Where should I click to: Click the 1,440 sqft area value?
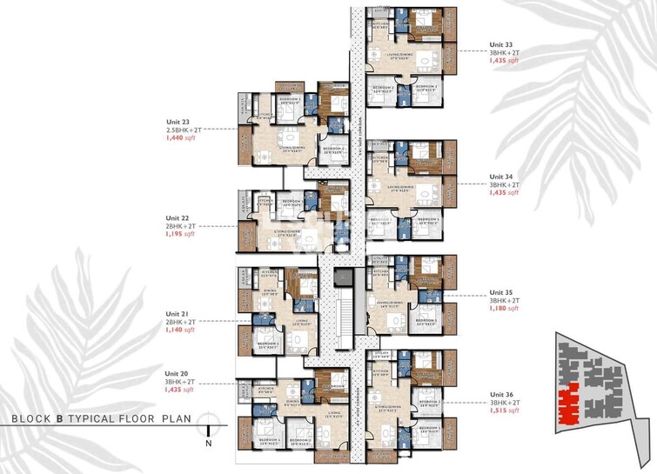click(x=182, y=138)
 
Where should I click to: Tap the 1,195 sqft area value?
click(x=182, y=235)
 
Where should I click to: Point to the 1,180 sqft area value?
click(x=505, y=309)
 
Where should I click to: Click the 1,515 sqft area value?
click(x=505, y=411)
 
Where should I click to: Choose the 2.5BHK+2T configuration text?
click(x=182, y=130)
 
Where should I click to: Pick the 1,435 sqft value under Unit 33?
click(x=505, y=62)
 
